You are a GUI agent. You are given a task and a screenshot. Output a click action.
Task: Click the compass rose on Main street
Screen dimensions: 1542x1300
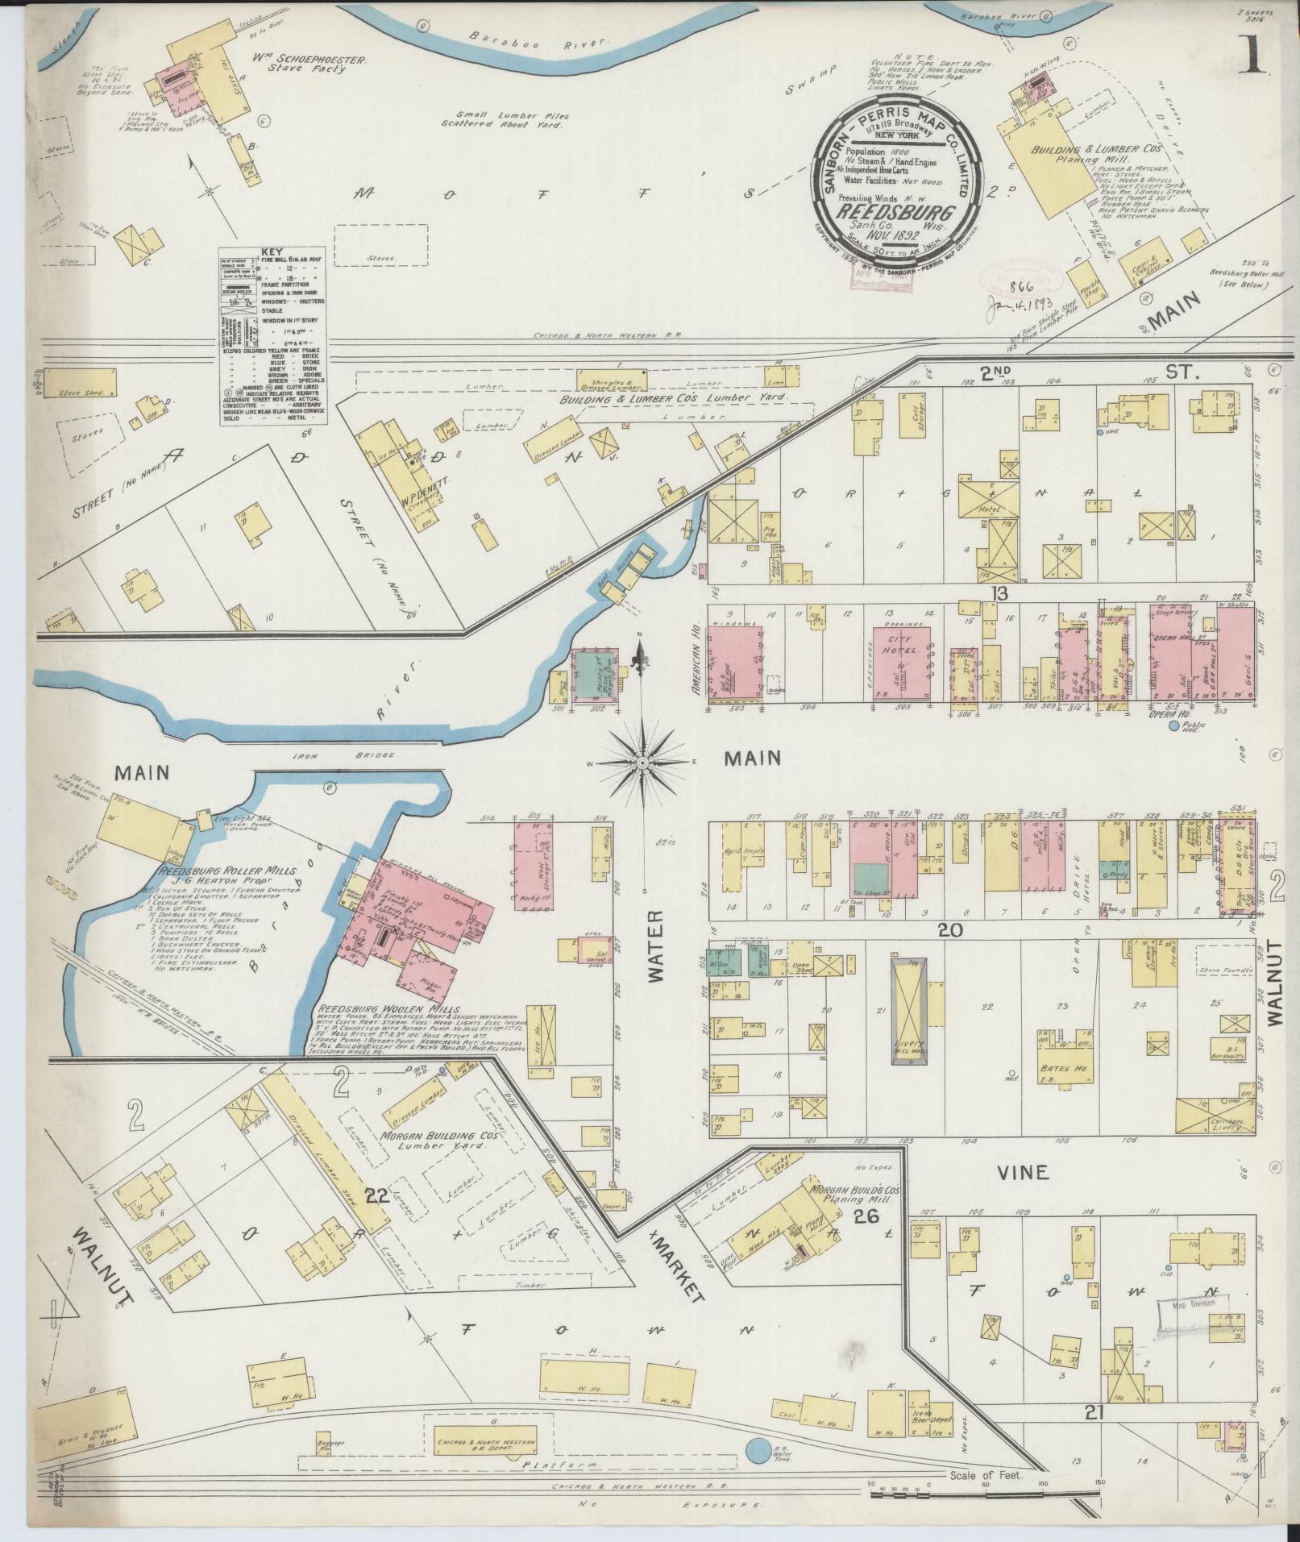tap(642, 762)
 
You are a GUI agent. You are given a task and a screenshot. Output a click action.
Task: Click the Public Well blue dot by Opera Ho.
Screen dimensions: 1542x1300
tap(1173, 726)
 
